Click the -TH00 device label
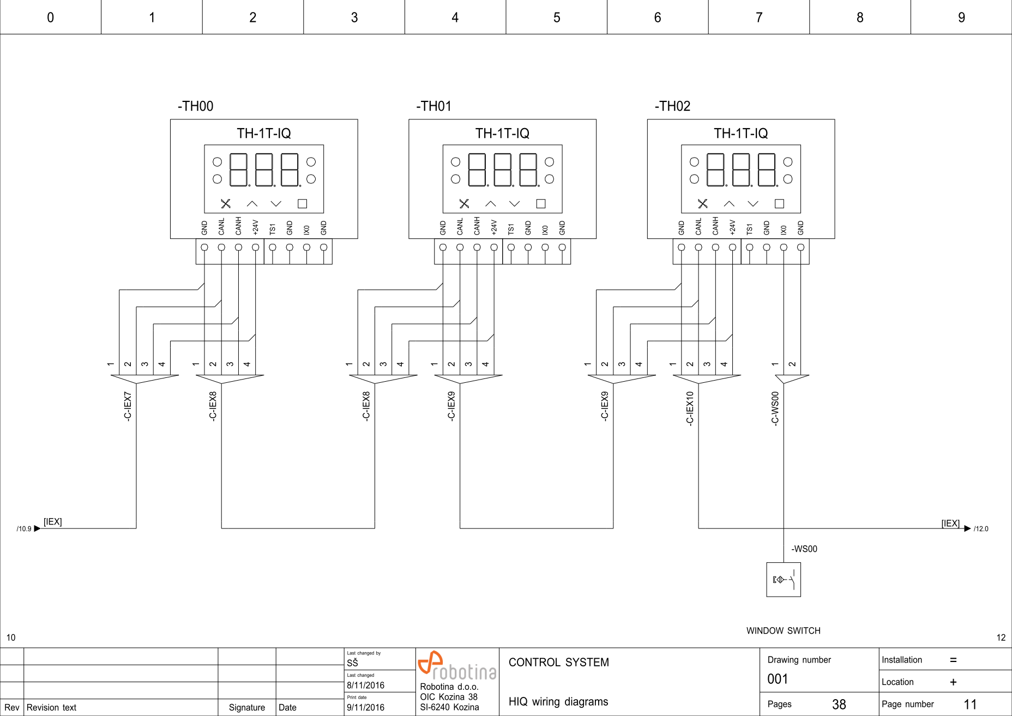coord(195,106)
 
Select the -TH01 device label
coord(433,106)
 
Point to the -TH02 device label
coord(672,106)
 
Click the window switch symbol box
coord(784,580)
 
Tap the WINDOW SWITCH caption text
coord(783,631)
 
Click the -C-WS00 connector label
coord(775,408)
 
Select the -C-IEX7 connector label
coord(128,406)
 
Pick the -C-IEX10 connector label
coord(690,408)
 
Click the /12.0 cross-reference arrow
coord(967,528)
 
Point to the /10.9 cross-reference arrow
coord(37,528)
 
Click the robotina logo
coord(457,666)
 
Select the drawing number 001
coord(778,679)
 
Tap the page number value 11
coord(970,705)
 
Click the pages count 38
coord(839,705)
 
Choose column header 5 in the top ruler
coord(557,17)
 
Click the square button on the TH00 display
coord(302,203)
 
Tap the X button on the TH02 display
coord(703,203)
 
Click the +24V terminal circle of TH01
coord(494,247)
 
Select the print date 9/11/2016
coord(365,707)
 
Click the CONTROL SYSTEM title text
coord(558,663)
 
